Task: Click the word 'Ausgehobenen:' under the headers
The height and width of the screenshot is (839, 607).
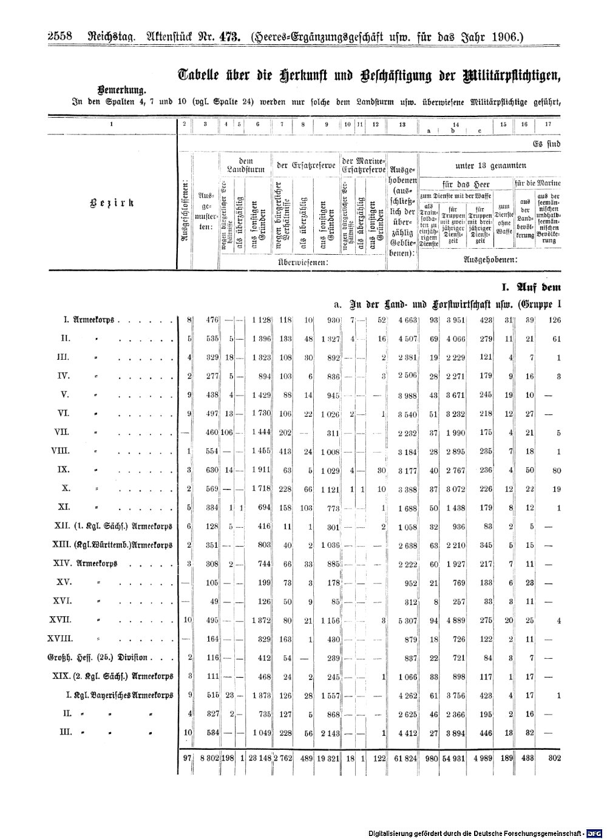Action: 489,259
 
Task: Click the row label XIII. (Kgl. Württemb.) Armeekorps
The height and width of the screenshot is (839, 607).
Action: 113,545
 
